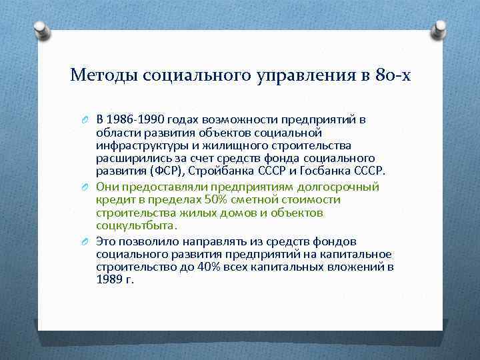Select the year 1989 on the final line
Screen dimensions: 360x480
point(109,280)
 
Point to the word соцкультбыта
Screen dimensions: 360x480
point(128,225)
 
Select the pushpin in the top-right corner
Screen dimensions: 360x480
point(440,29)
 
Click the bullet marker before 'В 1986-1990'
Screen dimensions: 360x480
point(86,121)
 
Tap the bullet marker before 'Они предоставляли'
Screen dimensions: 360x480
point(86,188)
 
